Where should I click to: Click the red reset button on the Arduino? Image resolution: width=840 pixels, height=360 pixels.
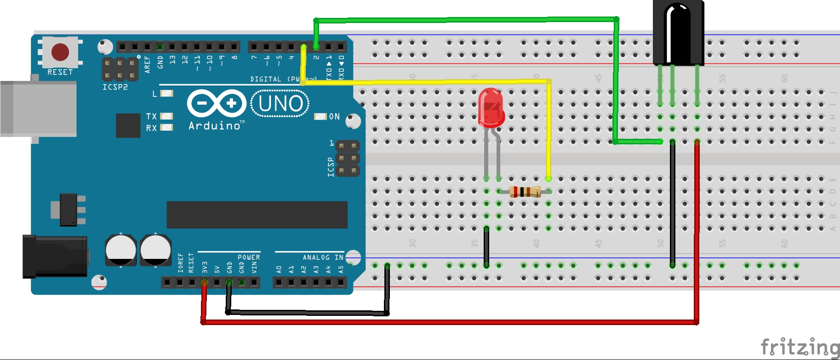[60, 52]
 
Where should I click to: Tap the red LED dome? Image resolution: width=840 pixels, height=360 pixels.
[491, 107]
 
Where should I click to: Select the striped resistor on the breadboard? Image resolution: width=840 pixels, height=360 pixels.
[525, 191]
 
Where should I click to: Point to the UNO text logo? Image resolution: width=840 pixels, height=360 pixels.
[280, 103]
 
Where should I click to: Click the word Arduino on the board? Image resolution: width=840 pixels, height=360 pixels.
[215, 126]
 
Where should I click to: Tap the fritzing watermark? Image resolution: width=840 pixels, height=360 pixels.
[800, 347]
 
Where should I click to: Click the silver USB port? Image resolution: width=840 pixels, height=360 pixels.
[39, 109]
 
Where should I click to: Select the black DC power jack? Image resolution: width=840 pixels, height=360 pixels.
[55, 256]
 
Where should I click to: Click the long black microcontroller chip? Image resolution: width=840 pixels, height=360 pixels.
[257, 215]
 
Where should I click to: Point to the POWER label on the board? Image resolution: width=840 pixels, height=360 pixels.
[249, 257]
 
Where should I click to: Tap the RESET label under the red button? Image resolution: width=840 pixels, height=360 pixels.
[60, 72]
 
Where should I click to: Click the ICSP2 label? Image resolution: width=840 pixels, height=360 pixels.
[115, 87]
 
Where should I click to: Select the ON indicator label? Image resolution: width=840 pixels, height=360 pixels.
[334, 117]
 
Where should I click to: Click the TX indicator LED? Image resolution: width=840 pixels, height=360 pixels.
[166, 116]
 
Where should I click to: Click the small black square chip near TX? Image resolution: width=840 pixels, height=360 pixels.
[128, 125]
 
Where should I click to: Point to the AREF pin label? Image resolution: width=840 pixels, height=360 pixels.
[147, 64]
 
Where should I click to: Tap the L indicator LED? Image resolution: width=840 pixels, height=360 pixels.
[166, 94]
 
